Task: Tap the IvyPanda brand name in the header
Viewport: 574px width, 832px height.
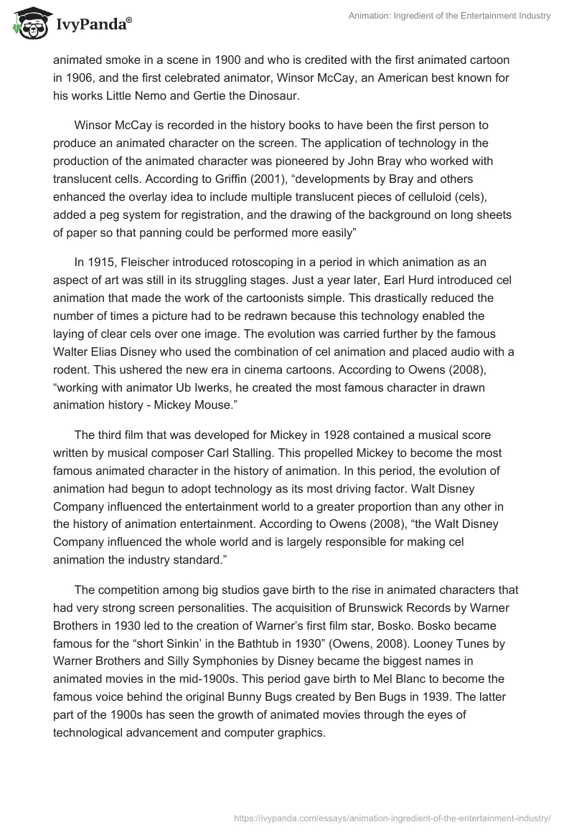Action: [91, 26]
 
